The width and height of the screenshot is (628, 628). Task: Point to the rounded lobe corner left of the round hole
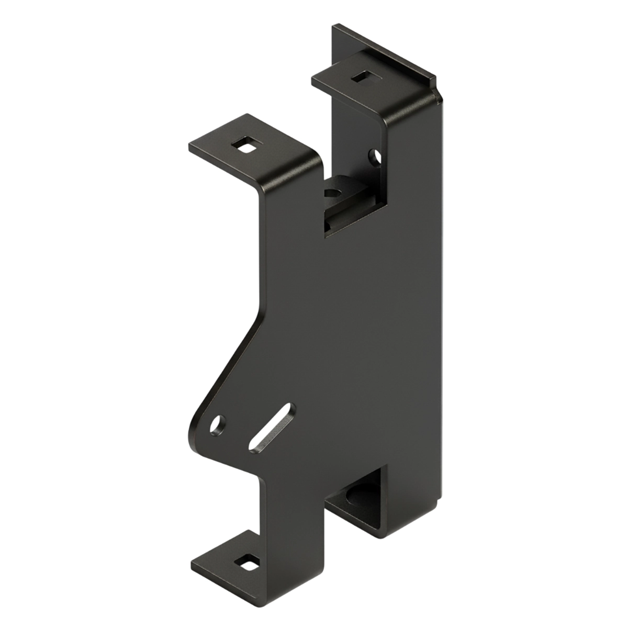point(195,429)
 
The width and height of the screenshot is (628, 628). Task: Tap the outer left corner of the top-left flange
point(189,147)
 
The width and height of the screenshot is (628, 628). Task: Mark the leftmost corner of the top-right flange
point(312,79)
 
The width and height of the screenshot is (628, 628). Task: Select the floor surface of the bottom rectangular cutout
point(352,510)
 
